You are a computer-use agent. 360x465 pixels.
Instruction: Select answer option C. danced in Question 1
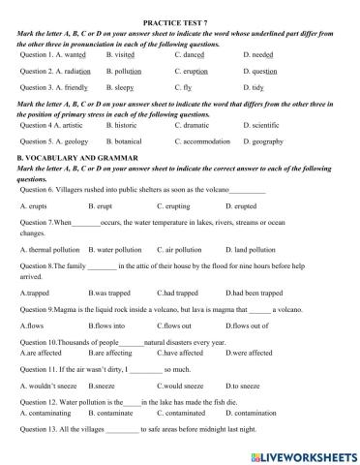(x=195, y=55)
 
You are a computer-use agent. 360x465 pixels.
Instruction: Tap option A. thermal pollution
(x=54, y=249)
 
